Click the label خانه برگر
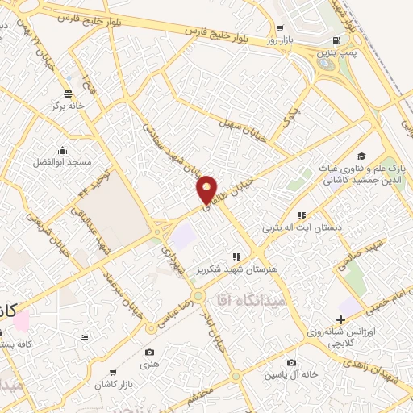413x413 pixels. tap(69, 106)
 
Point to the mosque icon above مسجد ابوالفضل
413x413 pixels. tap(62, 149)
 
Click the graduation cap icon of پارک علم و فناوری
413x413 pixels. tap(361, 155)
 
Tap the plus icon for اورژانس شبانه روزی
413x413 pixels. tap(343, 319)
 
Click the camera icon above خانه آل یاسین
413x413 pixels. tap(290, 363)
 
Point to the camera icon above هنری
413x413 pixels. tap(149, 353)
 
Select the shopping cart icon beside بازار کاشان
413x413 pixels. tap(113, 372)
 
